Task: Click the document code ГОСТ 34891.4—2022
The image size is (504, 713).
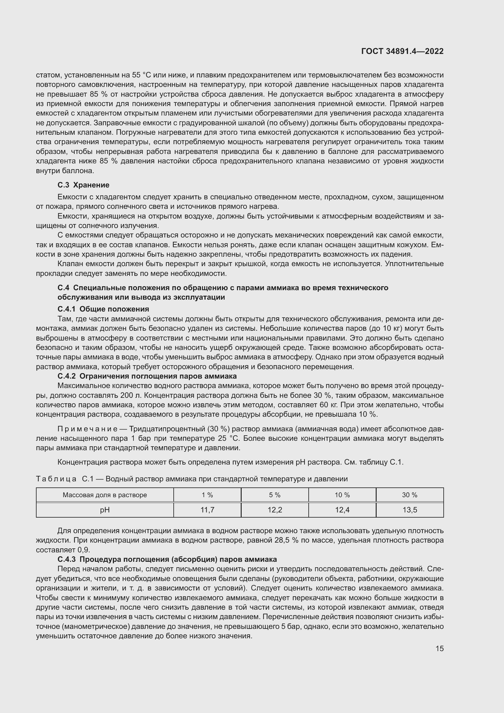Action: coord(402,52)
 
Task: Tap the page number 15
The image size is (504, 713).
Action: coord(439,648)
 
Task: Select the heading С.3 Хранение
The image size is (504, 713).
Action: coord(83,185)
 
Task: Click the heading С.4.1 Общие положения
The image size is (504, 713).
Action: coord(103,309)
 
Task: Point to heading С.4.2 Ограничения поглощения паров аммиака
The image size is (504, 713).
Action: coord(147,376)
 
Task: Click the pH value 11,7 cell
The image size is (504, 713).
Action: coord(207,510)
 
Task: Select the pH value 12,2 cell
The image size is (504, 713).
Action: coord(275,510)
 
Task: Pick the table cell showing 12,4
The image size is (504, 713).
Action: coord(342,510)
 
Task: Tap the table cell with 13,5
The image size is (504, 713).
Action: coord(410,510)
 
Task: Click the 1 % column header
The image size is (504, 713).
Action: coord(207,495)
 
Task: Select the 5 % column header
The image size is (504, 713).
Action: coord(275,495)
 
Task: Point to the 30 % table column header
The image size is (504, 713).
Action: coord(410,495)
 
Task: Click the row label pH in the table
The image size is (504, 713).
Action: coord(105,510)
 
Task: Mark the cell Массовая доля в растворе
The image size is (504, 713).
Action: coord(105,495)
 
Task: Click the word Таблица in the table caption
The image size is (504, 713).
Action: coord(56,479)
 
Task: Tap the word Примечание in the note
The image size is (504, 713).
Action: coord(87,429)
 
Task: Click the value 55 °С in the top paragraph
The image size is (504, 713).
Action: coord(141,75)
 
